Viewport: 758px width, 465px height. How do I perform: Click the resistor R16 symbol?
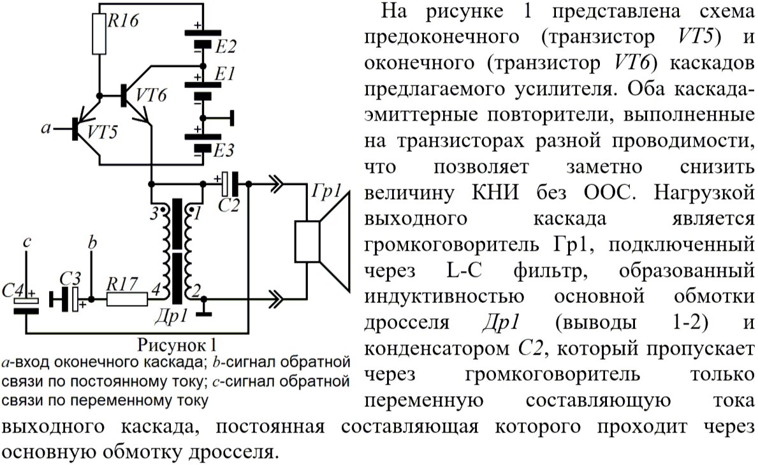(x=99, y=34)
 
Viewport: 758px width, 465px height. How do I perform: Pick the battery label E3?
(x=224, y=151)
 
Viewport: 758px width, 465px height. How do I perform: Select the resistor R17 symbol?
(x=128, y=298)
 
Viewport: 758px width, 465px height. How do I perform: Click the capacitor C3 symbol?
(x=69, y=297)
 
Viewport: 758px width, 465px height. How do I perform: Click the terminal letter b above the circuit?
(x=92, y=243)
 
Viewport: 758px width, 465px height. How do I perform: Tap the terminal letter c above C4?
(x=26, y=242)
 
